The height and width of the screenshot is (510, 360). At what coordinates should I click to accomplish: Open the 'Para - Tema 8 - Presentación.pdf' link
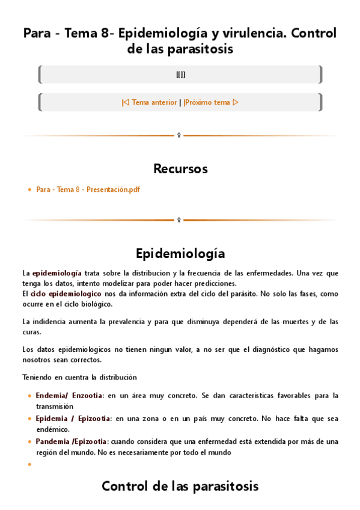[88, 189]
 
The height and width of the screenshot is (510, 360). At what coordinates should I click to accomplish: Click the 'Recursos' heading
[180, 168]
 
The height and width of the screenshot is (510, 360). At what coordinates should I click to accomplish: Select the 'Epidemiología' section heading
[180, 253]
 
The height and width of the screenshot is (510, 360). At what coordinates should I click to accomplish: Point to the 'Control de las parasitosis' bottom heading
[180, 486]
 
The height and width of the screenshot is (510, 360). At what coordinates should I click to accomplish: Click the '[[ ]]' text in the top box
[180, 75]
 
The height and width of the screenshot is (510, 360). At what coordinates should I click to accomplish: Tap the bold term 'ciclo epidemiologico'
[66, 294]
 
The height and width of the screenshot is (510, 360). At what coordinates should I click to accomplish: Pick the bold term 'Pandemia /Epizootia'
[72, 441]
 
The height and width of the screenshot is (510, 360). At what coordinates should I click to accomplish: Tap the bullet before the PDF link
[30, 189]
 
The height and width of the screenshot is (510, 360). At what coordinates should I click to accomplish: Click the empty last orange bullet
[30, 464]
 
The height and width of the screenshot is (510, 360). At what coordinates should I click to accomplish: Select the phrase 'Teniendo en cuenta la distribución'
[79, 377]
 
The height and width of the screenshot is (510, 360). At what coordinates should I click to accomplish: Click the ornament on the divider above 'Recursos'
[178, 135]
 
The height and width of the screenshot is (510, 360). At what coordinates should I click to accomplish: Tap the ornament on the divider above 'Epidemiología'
[178, 220]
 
